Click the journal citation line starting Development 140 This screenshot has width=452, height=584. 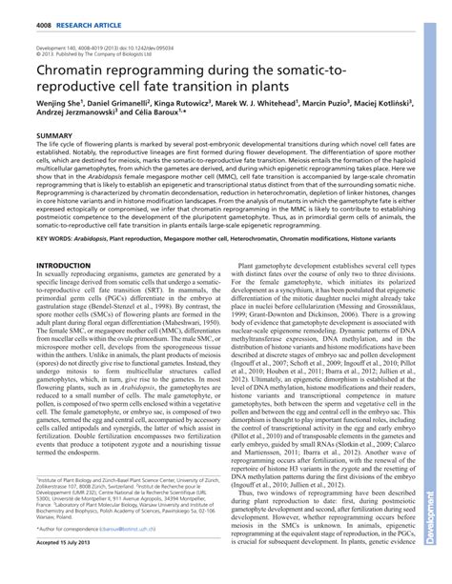pyautogui.click(x=101, y=46)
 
